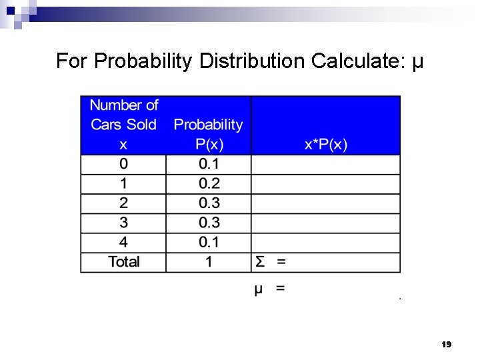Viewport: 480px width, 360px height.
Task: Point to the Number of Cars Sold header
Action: pos(123,124)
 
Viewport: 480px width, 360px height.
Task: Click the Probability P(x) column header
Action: pos(208,134)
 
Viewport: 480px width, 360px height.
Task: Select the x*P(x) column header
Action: pos(325,144)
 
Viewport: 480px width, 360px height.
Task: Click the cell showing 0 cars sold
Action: pos(123,164)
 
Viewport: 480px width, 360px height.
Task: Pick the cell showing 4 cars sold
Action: pos(123,242)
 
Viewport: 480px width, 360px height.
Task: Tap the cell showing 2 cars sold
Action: pos(123,203)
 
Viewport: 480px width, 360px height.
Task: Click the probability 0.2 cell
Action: pos(209,184)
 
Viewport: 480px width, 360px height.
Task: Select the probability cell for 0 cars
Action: pos(209,164)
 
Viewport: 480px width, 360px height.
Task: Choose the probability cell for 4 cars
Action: pos(209,242)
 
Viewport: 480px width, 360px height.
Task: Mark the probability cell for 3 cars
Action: pos(209,223)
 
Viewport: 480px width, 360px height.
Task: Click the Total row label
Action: pos(123,261)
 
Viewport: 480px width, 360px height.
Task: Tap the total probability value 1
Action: pos(209,261)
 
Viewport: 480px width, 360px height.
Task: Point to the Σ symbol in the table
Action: pos(259,261)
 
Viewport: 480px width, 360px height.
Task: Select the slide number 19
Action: pos(446,345)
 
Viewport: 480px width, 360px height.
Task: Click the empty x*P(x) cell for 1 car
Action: pos(325,184)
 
